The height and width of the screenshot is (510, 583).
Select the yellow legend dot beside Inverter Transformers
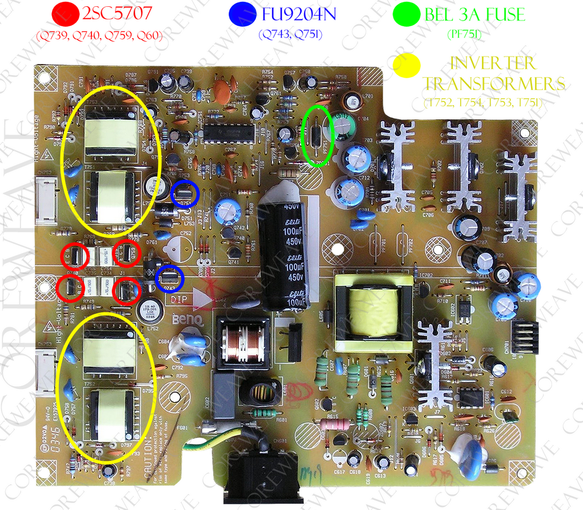pyautogui.click(x=406, y=66)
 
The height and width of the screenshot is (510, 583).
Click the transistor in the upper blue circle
pyautogui.click(x=185, y=195)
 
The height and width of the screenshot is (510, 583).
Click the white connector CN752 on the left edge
pyautogui.click(x=45, y=200)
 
